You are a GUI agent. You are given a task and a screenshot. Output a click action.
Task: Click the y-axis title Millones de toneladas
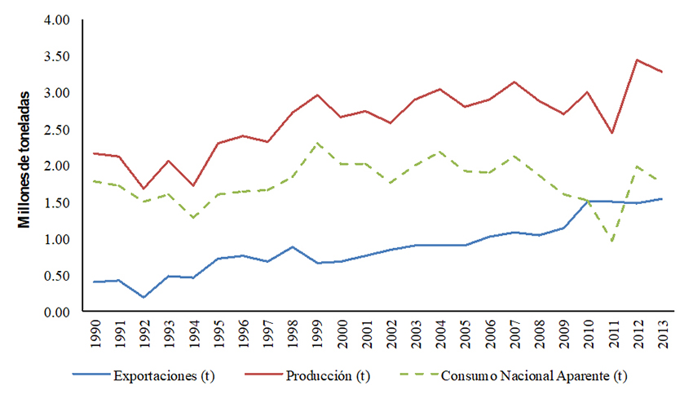tap(25, 159)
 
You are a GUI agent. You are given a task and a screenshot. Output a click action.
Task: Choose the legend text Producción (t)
tap(329, 377)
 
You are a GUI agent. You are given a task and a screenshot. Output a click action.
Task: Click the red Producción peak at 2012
tap(636, 60)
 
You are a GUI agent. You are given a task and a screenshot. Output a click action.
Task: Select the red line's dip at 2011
tap(611, 133)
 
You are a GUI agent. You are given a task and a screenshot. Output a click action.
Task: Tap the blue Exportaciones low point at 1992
tap(143, 297)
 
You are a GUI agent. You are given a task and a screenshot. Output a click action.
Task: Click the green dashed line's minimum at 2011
tap(611, 242)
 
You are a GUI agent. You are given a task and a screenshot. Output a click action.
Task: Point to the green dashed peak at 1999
tap(318, 143)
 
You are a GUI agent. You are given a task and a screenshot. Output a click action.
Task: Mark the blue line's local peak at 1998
tap(294, 246)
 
